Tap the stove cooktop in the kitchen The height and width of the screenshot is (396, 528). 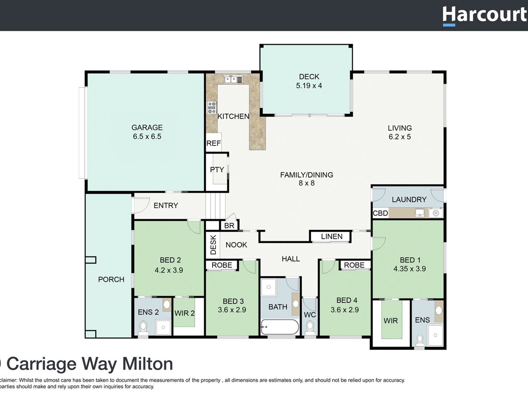212,108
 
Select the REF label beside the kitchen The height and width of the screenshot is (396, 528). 213,143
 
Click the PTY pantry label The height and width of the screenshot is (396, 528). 217,170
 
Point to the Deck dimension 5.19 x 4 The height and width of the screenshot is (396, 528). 309,86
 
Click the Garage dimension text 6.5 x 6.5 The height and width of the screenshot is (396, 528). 147,136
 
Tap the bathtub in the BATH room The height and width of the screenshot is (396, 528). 280,327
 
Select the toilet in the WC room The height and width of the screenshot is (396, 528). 310,328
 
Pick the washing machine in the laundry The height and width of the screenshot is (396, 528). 435,213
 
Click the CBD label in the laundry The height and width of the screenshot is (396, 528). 380,213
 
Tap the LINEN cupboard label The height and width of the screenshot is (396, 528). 331,236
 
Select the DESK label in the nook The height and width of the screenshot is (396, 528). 213,245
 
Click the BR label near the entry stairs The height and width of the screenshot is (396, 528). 229,226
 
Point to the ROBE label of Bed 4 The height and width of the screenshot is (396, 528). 354,265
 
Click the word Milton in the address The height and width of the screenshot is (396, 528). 148,364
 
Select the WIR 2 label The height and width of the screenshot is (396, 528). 184,313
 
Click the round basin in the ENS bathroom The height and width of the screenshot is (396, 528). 439,310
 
